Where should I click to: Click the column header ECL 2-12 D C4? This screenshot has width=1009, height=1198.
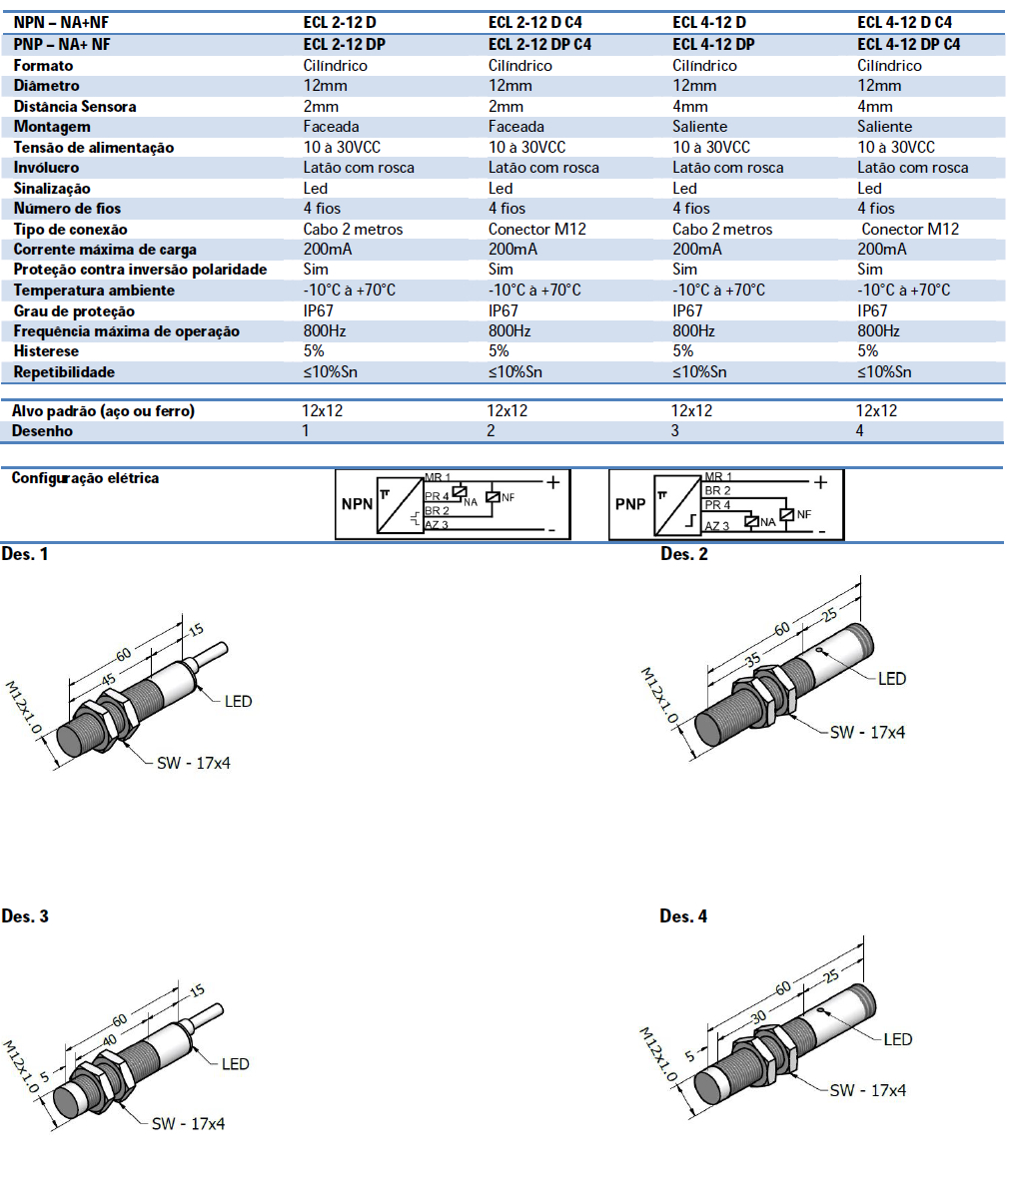click(x=534, y=22)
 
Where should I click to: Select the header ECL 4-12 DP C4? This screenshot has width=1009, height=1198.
click(x=908, y=44)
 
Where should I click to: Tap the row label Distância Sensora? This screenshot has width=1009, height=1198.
click(x=75, y=106)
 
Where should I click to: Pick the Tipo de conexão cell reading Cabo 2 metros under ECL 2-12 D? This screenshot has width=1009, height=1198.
click(x=353, y=229)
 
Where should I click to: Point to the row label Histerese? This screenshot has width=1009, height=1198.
click(x=46, y=351)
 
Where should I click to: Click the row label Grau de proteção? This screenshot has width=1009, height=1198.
click(x=74, y=310)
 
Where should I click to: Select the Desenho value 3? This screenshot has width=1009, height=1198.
click(x=675, y=431)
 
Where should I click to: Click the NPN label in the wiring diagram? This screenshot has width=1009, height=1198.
click(x=357, y=504)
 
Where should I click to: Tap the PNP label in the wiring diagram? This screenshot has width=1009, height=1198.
click(x=630, y=504)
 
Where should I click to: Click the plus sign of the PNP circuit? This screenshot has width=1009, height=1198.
click(x=821, y=483)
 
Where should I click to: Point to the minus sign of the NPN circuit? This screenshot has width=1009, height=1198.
click(x=551, y=529)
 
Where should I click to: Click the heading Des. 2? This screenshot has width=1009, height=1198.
click(x=683, y=554)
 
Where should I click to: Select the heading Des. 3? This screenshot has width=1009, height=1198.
click(x=25, y=916)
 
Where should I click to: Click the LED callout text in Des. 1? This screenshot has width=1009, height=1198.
click(x=238, y=701)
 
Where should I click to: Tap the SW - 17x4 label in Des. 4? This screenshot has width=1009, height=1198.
click(x=867, y=1090)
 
